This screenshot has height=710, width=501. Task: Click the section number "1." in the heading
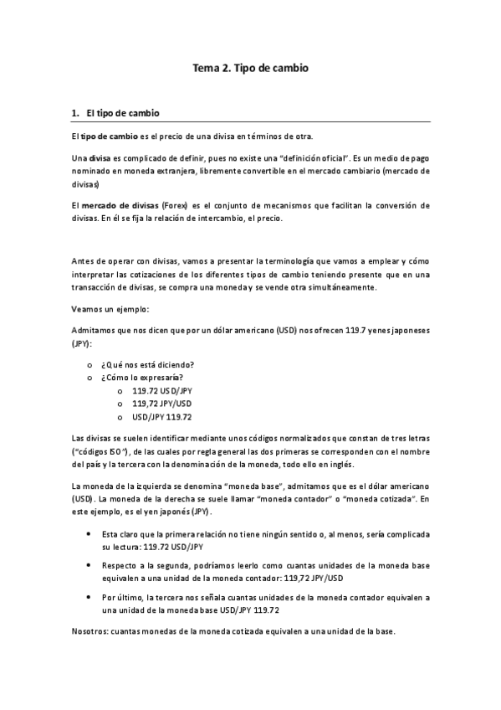[75, 113]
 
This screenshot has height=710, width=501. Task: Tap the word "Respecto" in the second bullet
[119, 566]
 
